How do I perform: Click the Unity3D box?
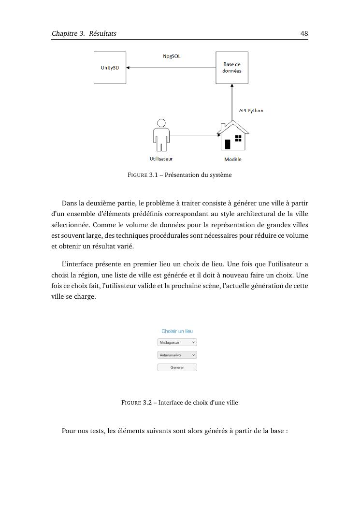point(110,68)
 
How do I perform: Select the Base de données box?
point(231,68)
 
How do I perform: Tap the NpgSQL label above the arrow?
point(172,57)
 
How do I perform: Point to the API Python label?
point(251,111)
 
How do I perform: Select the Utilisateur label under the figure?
point(161,159)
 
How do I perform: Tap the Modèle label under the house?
point(232,159)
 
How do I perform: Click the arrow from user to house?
point(193,135)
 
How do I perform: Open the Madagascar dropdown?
point(177,342)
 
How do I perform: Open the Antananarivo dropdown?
point(177,355)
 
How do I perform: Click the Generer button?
point(177,367)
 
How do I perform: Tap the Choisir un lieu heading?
point(177,331)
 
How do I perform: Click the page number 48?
point(304,34)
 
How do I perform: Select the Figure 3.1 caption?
point(179,175)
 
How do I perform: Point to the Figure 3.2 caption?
point(179,403)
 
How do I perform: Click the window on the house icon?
point(238,138)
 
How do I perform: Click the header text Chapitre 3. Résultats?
point(84,34)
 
